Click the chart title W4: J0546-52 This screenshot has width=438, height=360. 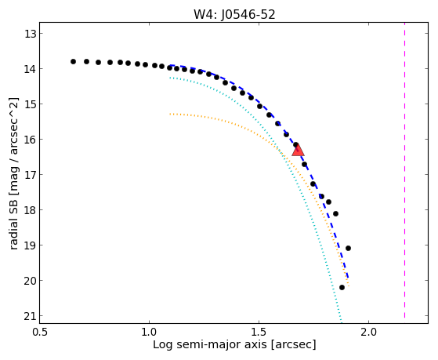pyautogui.click(x=234, y=14)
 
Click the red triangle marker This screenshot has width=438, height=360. pyautogui.click(x=298, y=151)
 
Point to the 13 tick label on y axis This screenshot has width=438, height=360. pyautogui.click(x=31, y=34)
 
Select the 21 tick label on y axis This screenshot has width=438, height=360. pyautogui.click(x=31, y=316)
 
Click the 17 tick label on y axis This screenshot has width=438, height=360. pyautogui.click(x=31, y=175)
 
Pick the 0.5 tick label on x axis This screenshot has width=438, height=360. pyautogui.click(x=41, y=333)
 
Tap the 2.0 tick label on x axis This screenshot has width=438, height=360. pyautogui.click(x=369, y=333)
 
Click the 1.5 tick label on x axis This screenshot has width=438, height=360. pyautogui.click(x=259, y=333)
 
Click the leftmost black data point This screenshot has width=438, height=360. pyautogui.click(x=73, y=61)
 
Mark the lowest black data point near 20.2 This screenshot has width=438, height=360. pyautogui.click(x=342, y=287)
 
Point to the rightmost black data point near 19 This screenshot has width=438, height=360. pyautogui.click(x=348, y=248)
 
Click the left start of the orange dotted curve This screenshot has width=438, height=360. pyautogui.click(x=170, y=115)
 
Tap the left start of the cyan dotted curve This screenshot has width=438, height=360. pyautogui.click(x=170, y=78)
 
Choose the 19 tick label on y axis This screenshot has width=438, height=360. pyautogui.click(x=31, y=245)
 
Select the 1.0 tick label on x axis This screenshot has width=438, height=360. pyautogui.click(x=149, y=333)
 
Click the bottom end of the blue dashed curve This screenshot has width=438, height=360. pyautogui.click(x=348, y=278)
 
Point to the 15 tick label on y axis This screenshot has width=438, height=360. pyautogui.click(x=31, y=104)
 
